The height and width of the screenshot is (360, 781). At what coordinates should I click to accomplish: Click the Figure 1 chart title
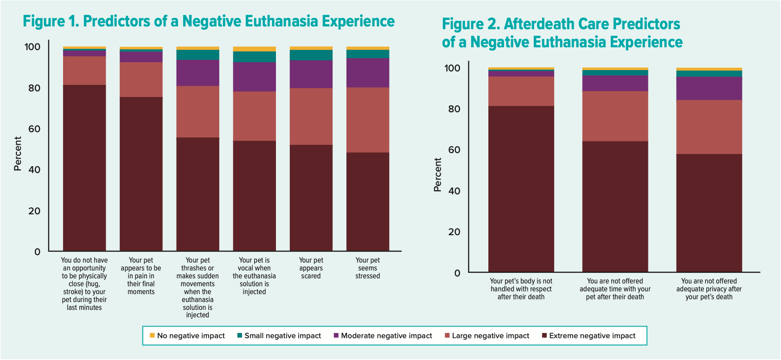[209, 21]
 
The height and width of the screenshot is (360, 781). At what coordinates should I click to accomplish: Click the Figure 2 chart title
[562, 32]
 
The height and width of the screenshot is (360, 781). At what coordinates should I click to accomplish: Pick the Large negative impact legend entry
[487, 336]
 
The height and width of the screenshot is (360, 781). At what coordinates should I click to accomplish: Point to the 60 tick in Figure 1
[34, 129]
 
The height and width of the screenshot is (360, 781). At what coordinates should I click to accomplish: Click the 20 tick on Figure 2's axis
[455, 232]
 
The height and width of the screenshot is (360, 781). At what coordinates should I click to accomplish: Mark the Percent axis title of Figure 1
[18, 154]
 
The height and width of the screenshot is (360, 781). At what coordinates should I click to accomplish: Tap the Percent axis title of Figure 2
[437, 174]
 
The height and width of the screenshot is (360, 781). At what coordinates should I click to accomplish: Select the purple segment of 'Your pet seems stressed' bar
[368, 73]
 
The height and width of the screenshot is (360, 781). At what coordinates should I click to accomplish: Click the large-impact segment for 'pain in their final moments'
[141, 79]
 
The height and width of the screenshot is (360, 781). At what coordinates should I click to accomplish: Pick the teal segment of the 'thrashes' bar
[198, 55]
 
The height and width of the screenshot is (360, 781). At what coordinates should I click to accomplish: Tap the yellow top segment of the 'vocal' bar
[254, 49]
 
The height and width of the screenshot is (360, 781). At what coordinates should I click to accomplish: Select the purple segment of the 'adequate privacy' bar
[709, 88]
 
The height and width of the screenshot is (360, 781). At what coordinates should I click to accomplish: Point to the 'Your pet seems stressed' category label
[368, 268]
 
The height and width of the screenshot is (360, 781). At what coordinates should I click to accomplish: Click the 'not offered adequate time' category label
[615, 289]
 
